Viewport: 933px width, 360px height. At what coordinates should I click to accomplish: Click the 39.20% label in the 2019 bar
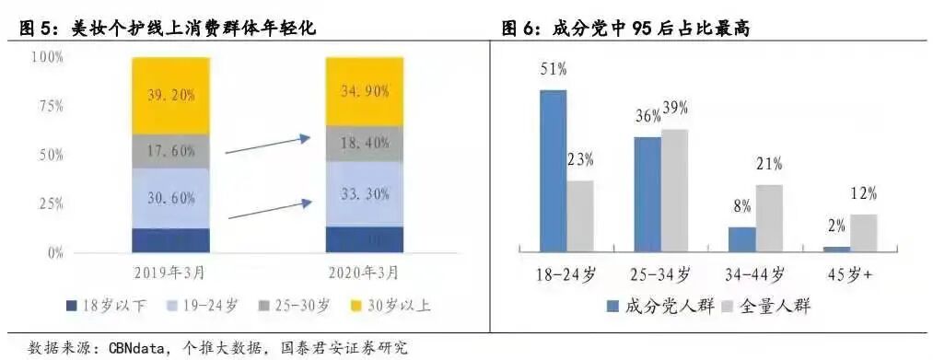pos(171,93)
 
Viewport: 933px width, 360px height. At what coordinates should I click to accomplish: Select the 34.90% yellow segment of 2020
pos(365,92)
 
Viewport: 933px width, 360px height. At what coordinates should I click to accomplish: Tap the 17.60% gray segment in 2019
pos(171,150)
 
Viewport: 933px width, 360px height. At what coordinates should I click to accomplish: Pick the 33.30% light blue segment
pos(365,193)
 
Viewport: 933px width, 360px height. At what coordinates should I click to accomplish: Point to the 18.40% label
pos(365,144)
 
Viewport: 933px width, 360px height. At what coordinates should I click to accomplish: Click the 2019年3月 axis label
pos(171,272)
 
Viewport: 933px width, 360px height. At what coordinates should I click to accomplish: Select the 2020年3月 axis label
pos(365,272)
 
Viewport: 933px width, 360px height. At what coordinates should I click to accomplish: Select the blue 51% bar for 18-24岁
pos(553,170)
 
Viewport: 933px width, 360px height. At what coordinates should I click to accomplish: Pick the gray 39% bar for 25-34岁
pos(674,190)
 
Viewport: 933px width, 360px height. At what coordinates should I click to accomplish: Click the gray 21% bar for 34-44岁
pos(769,218)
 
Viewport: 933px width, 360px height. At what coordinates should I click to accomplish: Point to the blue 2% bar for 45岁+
pos(836,249)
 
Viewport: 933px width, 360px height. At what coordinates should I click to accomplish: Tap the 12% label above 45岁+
pos(863,194)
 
